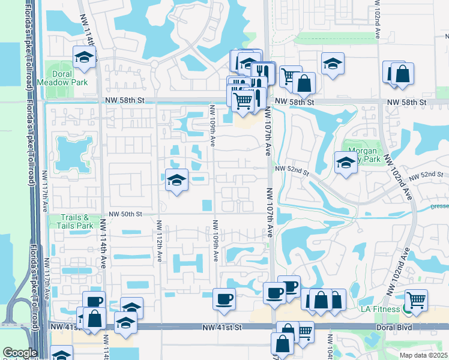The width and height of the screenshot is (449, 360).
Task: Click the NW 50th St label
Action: [x=125, y=214]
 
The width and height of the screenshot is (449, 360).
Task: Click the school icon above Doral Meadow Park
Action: [x=84, y=58]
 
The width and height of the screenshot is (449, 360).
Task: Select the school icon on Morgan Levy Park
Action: [x=346, y=162]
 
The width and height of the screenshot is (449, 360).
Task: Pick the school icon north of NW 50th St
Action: [x=176, y=179]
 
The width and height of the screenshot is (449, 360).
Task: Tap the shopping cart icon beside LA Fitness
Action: [x=416, y=299]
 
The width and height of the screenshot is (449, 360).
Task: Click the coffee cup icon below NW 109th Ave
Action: [x=224, y=298]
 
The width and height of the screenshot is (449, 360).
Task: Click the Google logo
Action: [x=20, y=353]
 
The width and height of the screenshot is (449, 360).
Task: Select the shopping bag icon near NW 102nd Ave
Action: [x=402, y=73]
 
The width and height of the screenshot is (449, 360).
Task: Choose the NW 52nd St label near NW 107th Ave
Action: [x=292, y=171]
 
